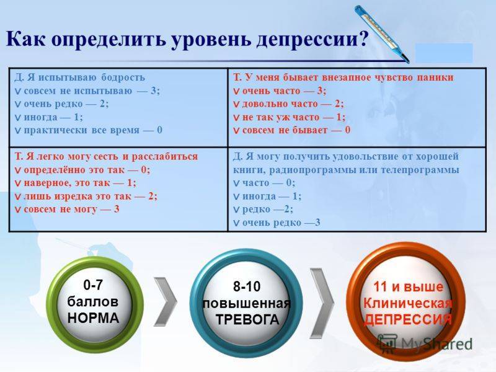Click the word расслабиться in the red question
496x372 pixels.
pos(164,157)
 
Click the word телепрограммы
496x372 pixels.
pos(420,170)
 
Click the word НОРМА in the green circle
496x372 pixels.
pos(94,318)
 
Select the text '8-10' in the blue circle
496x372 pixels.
pos(247,286)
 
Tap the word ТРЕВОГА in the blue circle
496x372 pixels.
pos(247,319)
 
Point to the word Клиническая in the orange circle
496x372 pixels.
pos(408,303)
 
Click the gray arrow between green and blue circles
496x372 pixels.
pos(166,301)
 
